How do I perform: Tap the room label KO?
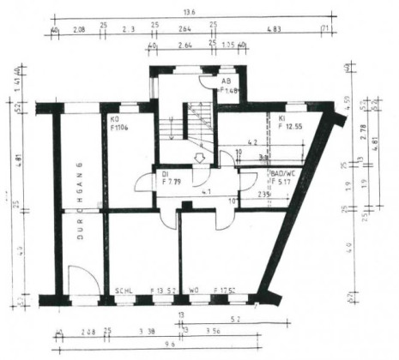pyautogui.click(x=113, y=119)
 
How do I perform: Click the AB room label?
pyautogui.click(x=227, y=80)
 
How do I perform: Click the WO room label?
pyautogui.click(x=195, y=291)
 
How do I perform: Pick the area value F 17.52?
pyautogui.click(x=227, y=291)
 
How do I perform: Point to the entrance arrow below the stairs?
pyautogui.click(x=199, y=158)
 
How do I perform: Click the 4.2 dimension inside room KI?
pyautogui.click(x=252, y=142)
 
